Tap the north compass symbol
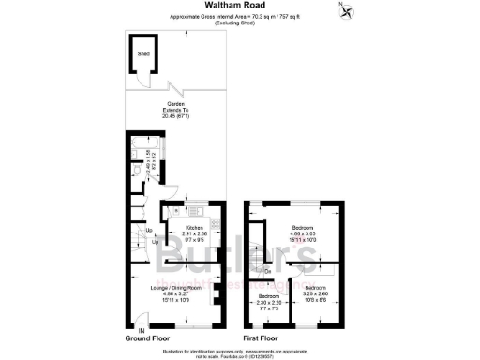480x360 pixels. point(346,11)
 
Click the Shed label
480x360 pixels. point(144,55)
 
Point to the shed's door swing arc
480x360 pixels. point(141,78)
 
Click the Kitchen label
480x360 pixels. point(194,228)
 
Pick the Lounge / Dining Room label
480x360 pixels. point(175,286)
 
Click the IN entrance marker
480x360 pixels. point(141,330)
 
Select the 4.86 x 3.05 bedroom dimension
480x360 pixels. point(302,233)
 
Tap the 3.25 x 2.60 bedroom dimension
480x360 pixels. point(314,292)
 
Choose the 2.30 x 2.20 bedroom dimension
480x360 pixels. point(268,303)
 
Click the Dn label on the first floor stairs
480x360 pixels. point(268,272)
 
